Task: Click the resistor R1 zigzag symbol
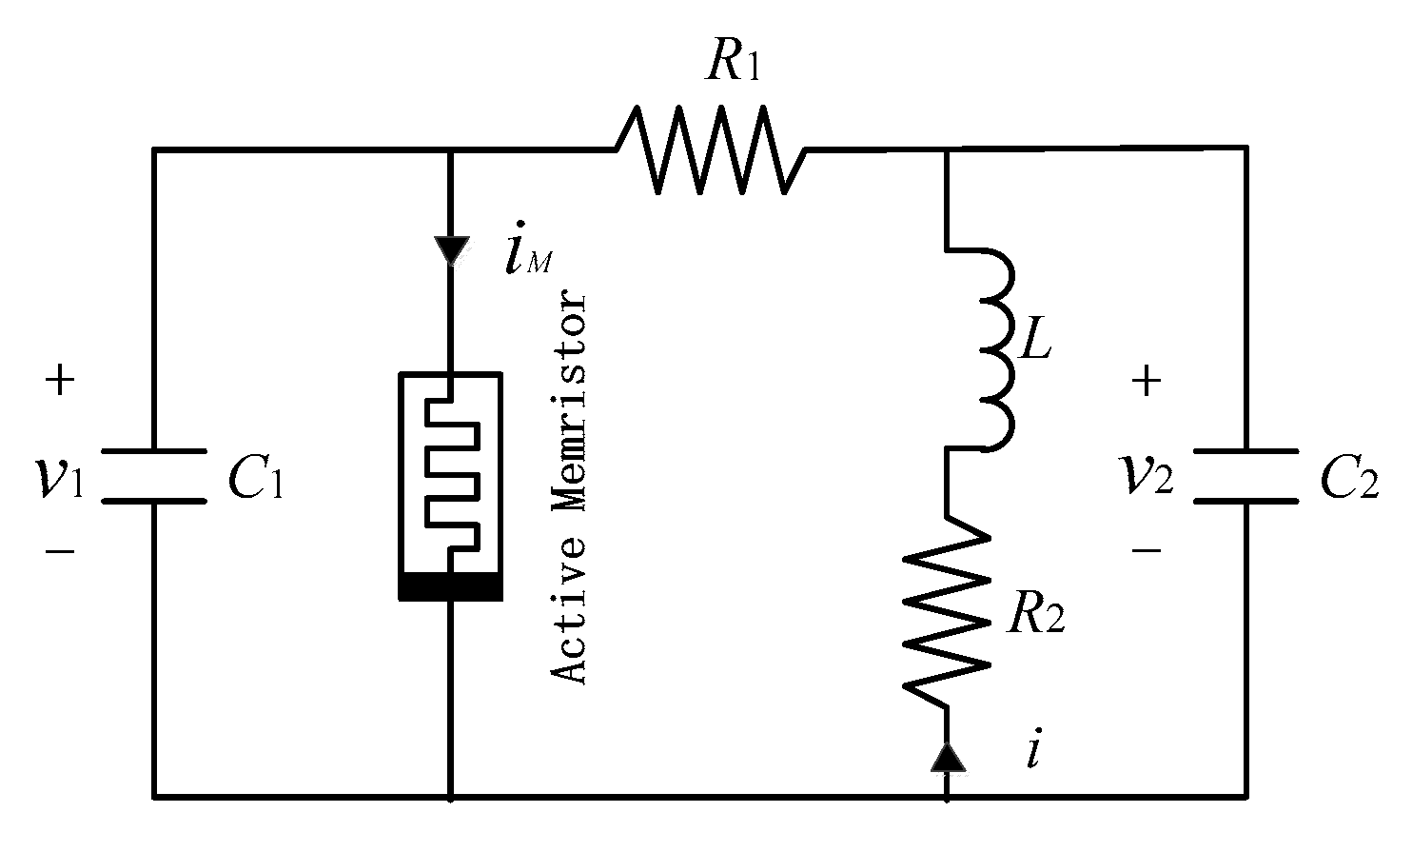711,149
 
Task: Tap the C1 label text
255,483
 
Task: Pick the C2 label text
1348,483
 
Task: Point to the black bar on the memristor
449,589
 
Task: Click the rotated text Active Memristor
571,487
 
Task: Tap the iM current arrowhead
449,250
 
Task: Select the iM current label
524,259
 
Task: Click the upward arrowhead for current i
947,756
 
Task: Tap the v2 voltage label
1147,476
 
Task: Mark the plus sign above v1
59,382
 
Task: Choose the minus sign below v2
1147,549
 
